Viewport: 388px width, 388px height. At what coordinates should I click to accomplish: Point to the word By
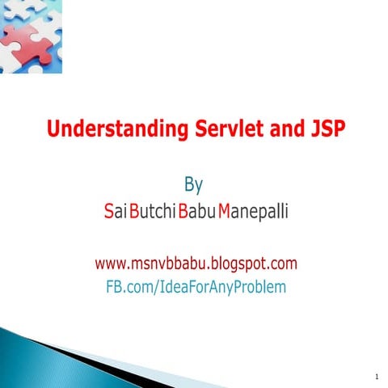click(x=195, y=183)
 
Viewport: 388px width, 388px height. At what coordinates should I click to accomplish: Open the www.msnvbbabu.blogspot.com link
click(x=196, y=264)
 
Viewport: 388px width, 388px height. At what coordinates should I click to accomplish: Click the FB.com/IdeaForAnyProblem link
click(x=196, y=286)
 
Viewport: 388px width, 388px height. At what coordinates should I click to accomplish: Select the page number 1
click(x=377, y=377)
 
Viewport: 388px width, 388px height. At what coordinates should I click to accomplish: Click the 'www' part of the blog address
click(x=108, y=264)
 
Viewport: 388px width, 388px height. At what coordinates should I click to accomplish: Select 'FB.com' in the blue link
click(x=129, y=286)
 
